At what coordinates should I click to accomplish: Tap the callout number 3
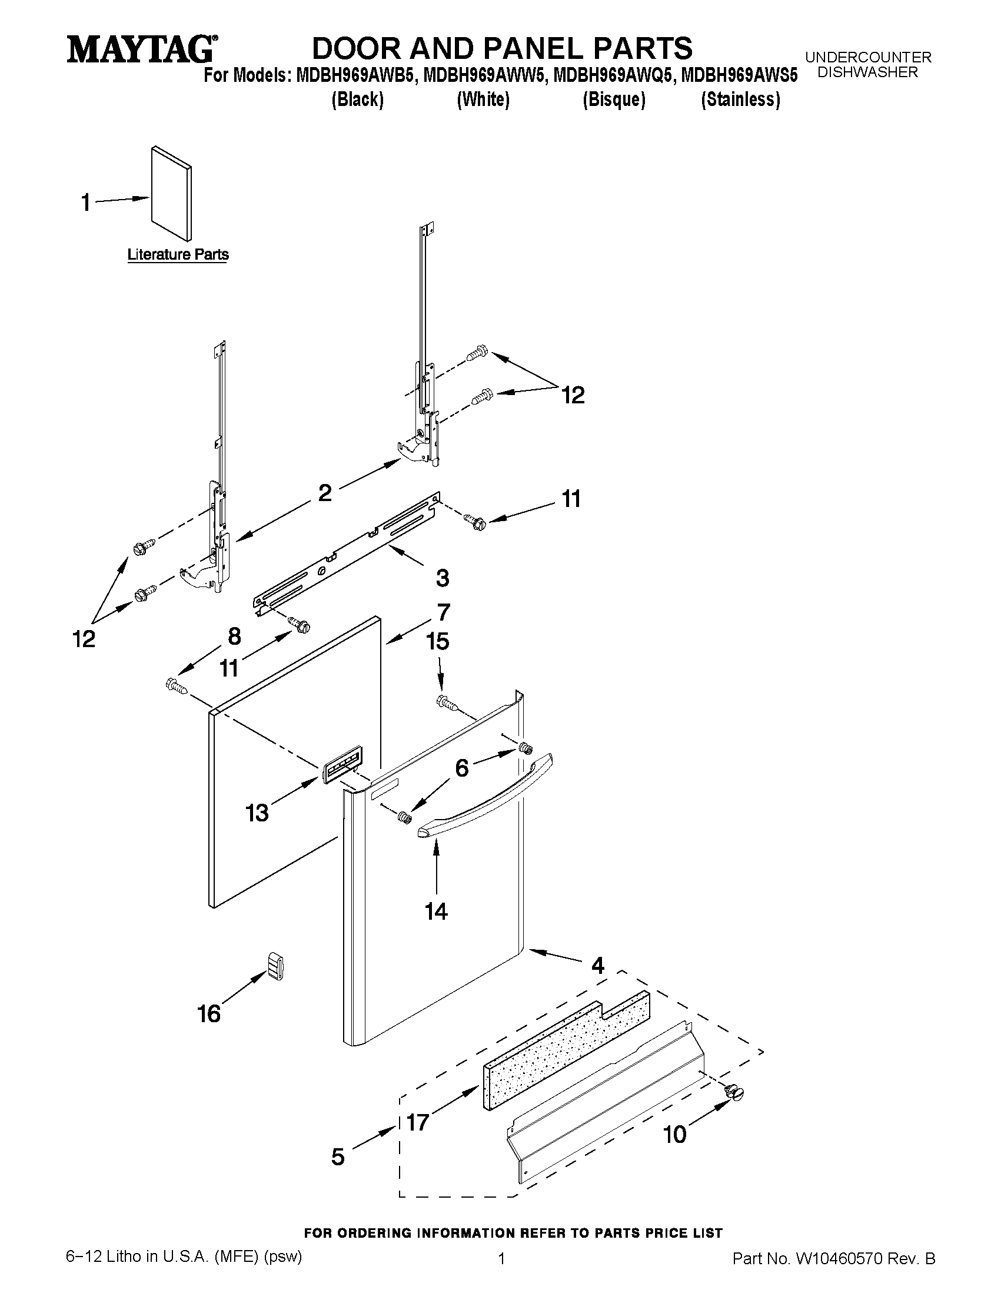tap(443, 578)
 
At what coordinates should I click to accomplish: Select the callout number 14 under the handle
tap(436, 911)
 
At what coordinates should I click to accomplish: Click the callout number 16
tap(209, 1013)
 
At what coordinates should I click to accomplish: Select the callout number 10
tap(674, 1135)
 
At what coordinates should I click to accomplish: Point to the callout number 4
tap(598, 966)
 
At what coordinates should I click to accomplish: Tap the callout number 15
tap(438, 641)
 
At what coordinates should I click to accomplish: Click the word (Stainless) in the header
tap(740, 99)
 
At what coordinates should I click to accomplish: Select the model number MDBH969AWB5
tap(354, 76)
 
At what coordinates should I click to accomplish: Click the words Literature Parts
tap(178, 254)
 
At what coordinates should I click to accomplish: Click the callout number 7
tap(444, 611)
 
